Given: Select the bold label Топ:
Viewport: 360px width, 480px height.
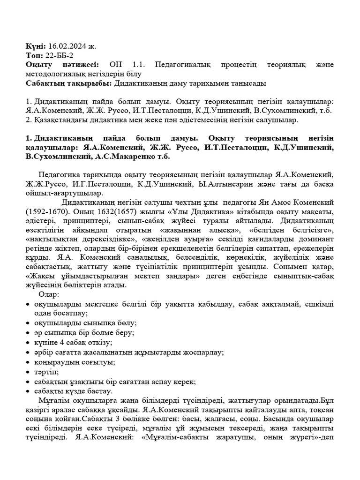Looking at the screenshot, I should [34, 55].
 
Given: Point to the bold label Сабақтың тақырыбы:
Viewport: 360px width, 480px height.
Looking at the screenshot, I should [69, 83].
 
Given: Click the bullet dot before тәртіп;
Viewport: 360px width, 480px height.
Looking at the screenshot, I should [29, 372].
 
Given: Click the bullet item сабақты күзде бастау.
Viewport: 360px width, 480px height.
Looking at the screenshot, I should [73, 391].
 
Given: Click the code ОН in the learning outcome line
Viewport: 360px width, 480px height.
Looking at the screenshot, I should [115, 65].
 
